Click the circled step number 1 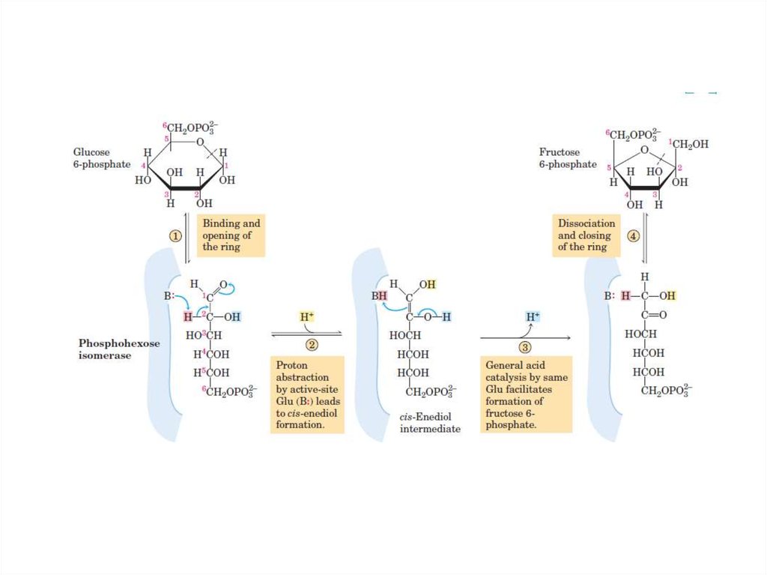175,235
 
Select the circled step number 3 524,346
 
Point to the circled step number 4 634,235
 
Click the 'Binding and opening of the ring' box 231,235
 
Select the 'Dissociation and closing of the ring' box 586,235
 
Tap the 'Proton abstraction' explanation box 307,394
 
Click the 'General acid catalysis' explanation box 526,394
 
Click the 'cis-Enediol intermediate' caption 430,423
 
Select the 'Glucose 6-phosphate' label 102,157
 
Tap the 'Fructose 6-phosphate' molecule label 568,157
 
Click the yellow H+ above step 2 307,317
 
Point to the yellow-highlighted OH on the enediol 428,284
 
